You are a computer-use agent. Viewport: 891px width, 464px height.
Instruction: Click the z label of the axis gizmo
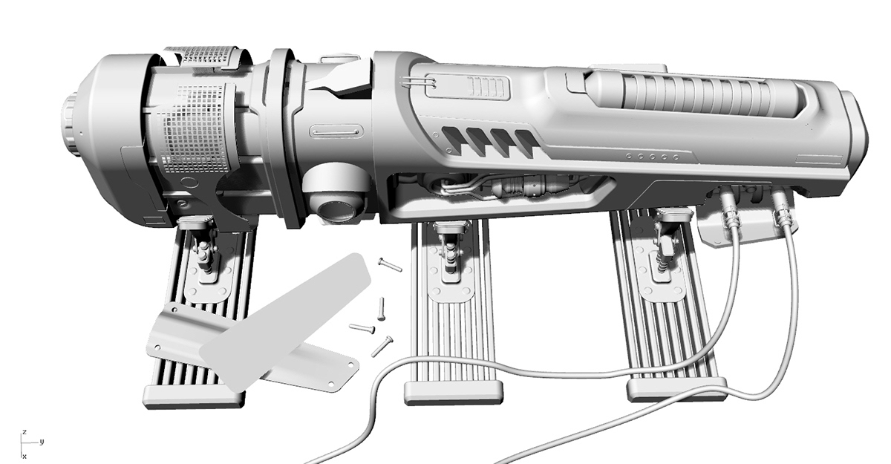(x=25, y=431)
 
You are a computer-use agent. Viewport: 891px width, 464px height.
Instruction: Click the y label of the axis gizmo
(x=42, y=442)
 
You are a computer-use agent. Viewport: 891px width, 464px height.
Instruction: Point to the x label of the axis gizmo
(x=25, y=455)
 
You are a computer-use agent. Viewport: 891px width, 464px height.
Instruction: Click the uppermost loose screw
(x=390, y=264)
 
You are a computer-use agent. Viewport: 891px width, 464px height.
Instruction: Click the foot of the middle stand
(x=451, y=392)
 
